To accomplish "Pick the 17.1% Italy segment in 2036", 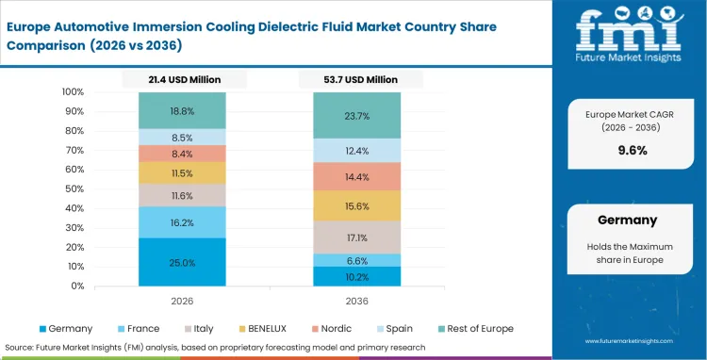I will tap(357, 237).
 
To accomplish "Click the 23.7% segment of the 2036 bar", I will tap(357, 115).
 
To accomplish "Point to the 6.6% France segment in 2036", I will tap(357, 260).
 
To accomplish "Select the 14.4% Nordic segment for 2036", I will tap(357, 176).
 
